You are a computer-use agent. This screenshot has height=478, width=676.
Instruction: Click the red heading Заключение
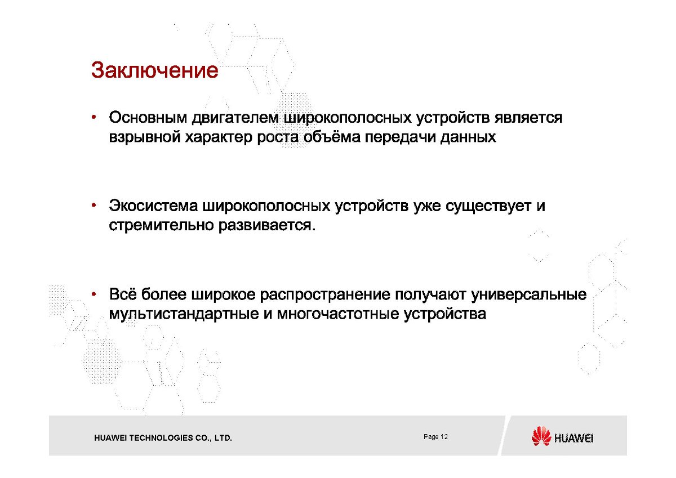pos(154,70)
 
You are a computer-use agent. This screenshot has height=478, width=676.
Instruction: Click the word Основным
pos(148,117)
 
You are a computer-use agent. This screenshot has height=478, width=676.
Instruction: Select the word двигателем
pos(235,118)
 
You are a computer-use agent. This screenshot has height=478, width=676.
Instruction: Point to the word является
pos(528,118)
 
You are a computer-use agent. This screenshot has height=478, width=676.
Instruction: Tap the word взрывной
pos(145,137)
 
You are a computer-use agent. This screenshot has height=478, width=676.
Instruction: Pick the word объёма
pos(332,137)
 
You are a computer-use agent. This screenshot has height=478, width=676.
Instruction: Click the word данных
pos(468,137)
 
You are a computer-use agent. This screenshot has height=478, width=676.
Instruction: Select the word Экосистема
pos(153,206)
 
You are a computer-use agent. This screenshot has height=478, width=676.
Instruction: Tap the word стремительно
pos(161,225)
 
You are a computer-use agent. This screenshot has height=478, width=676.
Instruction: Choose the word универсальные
pos(529,294)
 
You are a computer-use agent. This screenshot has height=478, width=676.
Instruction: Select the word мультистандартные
pos(184,314)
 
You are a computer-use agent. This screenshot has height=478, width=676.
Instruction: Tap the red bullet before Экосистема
pos(94,206)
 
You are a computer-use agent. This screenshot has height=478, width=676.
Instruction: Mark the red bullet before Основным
pos(94,117)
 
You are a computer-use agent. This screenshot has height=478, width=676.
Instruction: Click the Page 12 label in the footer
pos(435,437)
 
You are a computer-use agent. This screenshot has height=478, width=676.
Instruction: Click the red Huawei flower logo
pos(541,436)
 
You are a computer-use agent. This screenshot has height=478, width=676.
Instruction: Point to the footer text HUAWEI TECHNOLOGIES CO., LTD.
pos(163,438)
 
